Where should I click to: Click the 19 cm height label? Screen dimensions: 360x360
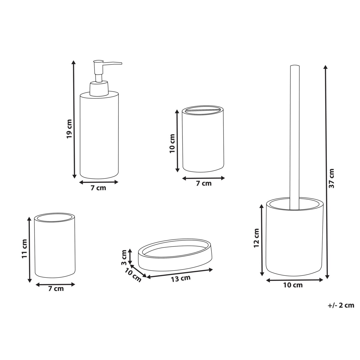[69, 129]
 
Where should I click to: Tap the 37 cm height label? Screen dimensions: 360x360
[331, 178]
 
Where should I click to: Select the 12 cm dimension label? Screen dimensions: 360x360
[256, 238]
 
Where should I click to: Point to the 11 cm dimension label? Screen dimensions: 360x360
[25, 249]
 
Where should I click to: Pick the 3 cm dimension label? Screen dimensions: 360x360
[124, 258]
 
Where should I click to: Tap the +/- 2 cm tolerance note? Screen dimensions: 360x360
[341, 305]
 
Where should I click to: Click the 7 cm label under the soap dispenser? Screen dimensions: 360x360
[98, 188]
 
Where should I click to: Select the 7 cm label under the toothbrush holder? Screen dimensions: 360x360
[204, 183]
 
